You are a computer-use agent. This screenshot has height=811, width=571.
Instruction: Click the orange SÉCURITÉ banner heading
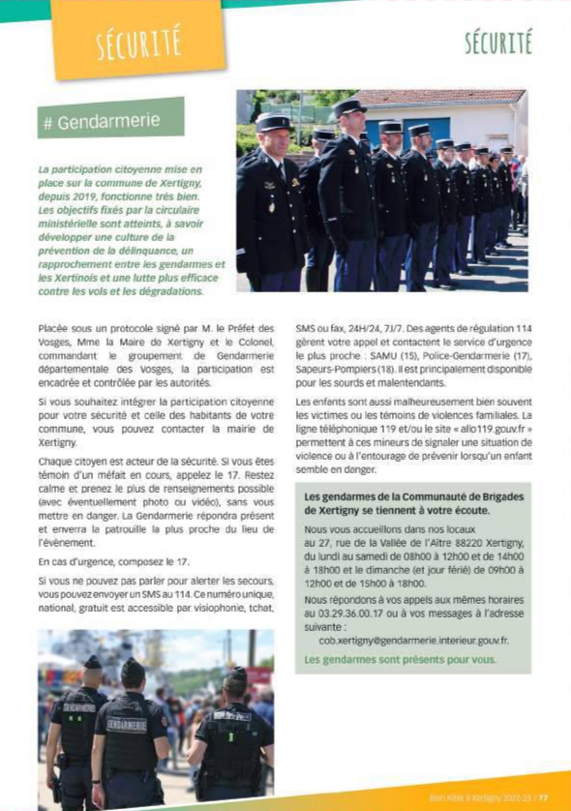click(x=138, y=42)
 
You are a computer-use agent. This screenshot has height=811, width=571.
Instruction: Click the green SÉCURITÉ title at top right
click(x=498, y=43)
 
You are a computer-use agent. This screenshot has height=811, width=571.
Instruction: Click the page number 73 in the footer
click(x=544, y=798)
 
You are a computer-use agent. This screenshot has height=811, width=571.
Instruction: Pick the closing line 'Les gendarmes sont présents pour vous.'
click(x=400, y=659)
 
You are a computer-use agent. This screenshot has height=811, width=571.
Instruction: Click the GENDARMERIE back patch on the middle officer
click(x=127, y=725)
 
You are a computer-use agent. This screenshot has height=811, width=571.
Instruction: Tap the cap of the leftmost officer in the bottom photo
click(x=93, y=663)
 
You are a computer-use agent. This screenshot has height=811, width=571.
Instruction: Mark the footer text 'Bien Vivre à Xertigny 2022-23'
click(x=480, y=798)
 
